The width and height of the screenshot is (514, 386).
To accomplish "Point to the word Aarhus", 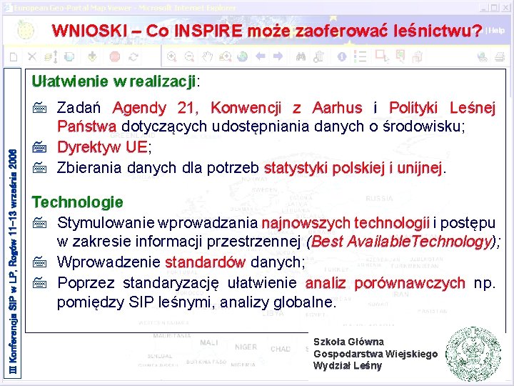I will [x=337, y=109].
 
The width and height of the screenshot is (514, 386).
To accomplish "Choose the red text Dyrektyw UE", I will [x=102, y=147].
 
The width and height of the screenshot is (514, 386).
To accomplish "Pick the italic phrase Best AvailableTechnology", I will [x=401, y=242].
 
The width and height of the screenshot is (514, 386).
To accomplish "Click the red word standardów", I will [x=206, y=262].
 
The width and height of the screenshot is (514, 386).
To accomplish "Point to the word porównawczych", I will [x=410, y=282].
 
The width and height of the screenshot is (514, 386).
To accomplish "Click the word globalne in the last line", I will [x=301, y=302].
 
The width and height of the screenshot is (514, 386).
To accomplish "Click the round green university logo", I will [x=475, y=354].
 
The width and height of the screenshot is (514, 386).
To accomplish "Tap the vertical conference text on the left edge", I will [x=11, y=214].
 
